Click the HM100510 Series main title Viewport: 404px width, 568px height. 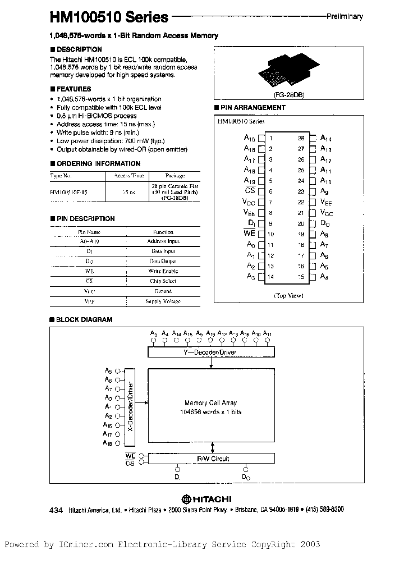pyautogui.click(x=109, y=17)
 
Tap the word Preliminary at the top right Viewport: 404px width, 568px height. pyautogui.click(x=345, y=16)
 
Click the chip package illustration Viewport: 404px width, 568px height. pyautogui.click(x=285, y=71)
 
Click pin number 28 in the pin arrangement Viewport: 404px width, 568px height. pyautogui.click(x=301, y=138)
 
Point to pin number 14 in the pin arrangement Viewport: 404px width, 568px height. pyautogui.click(x=270, y=277)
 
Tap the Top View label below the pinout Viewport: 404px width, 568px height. pyautogui.click(x=288, y=295)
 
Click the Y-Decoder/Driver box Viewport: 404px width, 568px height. pyautogui.click(x=212, y=352)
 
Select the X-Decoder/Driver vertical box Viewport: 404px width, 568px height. pyautogui.click(x=130, y=406)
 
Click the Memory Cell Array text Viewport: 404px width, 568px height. pyautogui.click(x=210, y=402)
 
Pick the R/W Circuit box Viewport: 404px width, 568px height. pyautogui.click(x=212, y=459)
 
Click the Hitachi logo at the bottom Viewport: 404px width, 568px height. pyautogui.click(x=206, y=498)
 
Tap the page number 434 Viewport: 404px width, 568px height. pyautogui.click(x=56, y=510)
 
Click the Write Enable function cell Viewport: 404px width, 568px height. pyautogui.click(x=163, y=271)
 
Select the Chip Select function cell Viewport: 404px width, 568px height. pyautogui.click(x=163, y=281)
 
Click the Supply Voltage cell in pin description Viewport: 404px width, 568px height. pyautogui.click(x=163, y=301)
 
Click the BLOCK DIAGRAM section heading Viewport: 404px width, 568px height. pyautogui.click(x=84, y=320)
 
